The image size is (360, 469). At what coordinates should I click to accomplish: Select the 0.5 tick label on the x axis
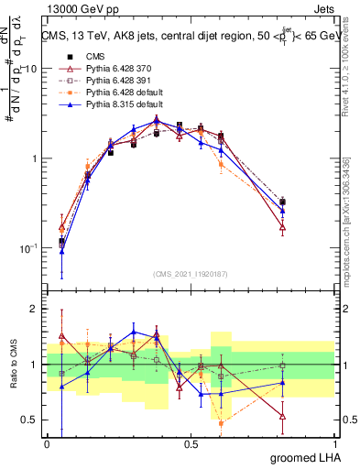tap(191, 443)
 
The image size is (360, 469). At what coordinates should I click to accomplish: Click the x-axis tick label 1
tap(334, 443)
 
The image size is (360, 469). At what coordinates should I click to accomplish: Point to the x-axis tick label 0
tap(47, 443)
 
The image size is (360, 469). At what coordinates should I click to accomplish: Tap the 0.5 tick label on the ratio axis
tap(29, 420)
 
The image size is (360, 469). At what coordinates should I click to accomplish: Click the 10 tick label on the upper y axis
tap(29, 69)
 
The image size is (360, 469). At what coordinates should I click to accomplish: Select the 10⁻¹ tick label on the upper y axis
tap(27, 248)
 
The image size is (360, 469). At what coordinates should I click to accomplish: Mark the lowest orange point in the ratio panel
tap(221, 423)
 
